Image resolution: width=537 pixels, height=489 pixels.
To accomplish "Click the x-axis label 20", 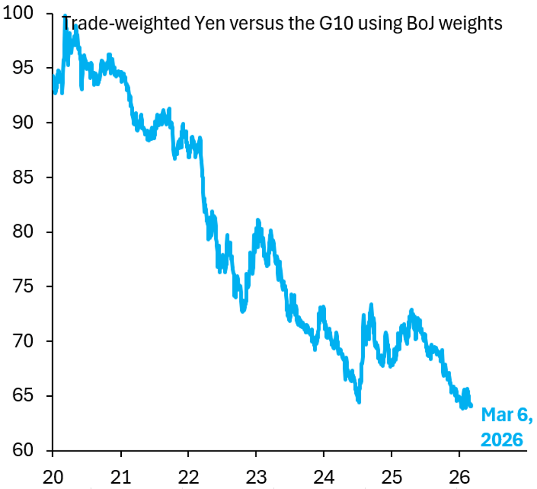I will [53, 477].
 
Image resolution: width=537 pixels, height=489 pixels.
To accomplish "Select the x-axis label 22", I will [188, 477].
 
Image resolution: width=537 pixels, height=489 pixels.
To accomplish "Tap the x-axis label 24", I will [324, 477].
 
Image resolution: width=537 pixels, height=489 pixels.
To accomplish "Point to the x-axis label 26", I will [459, 477].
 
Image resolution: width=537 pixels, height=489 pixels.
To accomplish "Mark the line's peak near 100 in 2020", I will [65, 17].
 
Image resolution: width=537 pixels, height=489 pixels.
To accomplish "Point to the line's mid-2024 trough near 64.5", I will [358, 401].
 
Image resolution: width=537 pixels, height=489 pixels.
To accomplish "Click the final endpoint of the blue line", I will [471, 406].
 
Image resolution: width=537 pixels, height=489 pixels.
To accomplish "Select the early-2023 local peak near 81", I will [258, 220].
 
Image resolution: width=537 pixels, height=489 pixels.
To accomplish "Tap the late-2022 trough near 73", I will [243, 311].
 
